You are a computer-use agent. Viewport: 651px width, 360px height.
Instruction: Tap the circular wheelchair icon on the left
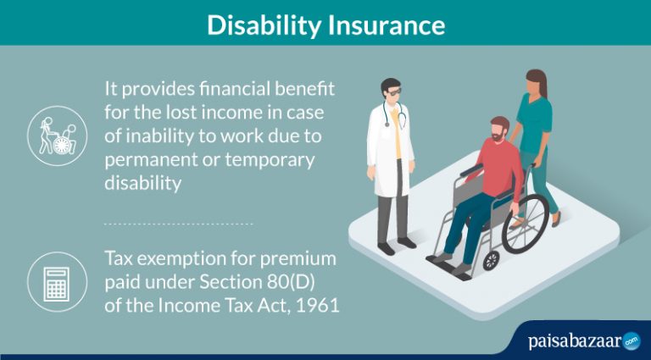click(58, 135)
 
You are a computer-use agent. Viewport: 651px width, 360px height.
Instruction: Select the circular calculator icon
click(58, 280)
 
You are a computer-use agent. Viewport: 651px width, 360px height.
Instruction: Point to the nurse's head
click(536, 83)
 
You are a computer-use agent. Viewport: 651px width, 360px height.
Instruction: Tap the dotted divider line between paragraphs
click(178, 224)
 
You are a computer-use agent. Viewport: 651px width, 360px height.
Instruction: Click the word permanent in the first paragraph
click(147, 159)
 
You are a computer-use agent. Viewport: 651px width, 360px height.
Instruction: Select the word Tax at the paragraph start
click(119, 258)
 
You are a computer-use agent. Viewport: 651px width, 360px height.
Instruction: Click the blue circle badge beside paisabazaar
click(631, 341)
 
